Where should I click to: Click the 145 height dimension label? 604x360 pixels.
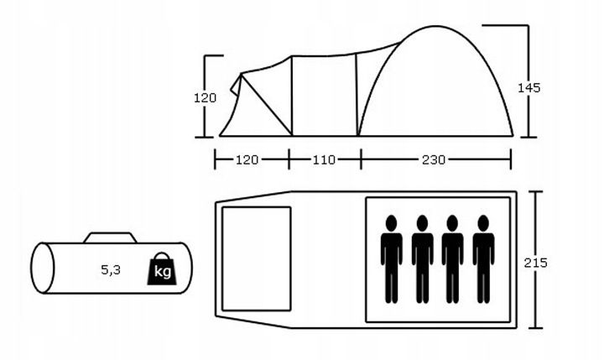528,88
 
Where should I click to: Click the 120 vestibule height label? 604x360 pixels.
205,98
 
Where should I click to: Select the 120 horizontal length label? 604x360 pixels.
247,159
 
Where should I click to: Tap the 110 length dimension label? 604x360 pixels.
324,159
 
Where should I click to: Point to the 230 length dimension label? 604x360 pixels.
434,159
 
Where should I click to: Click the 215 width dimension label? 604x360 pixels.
535,263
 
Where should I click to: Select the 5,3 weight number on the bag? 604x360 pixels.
111,270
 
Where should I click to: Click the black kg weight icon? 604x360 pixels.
162,269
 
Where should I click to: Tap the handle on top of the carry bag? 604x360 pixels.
110,237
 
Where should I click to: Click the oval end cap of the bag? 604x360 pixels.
43,268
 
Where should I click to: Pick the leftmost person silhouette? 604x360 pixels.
392,259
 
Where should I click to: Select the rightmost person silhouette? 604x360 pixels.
483,259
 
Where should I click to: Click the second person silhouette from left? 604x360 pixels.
422,259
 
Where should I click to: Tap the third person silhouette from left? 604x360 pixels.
452,259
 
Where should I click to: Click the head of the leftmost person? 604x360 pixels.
392,223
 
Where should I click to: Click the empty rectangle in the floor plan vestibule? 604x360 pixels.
257,258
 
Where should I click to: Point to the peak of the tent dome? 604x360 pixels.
435,26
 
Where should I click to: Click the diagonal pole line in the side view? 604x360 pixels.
267,104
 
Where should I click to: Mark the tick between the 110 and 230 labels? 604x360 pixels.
361,159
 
